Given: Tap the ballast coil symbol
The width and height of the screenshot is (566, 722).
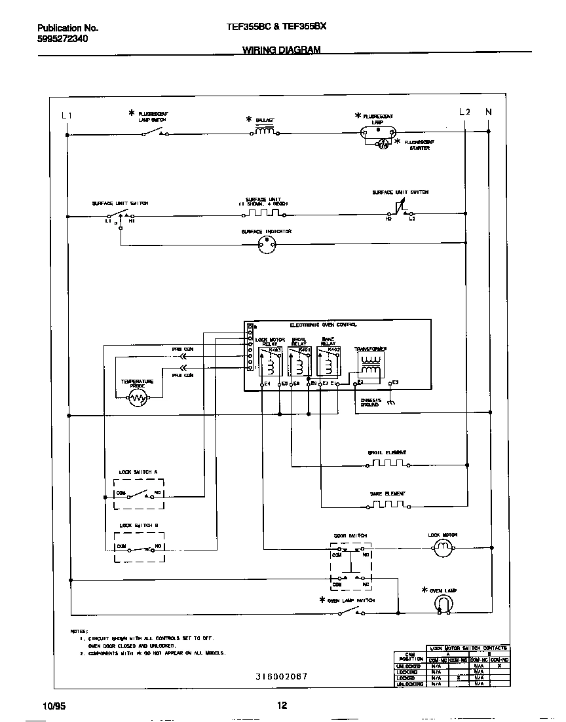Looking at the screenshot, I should [x=264, y=132].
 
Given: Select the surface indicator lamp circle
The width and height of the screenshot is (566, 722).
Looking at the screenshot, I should [x=266, y=245].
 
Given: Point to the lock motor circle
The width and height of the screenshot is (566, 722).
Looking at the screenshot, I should [x=443, y=551].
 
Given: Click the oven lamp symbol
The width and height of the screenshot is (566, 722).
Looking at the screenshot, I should [x=445, y=604].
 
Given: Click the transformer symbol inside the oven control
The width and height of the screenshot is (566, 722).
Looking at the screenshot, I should [x=371, y=367].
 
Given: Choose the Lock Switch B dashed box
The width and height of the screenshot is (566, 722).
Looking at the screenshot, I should [x=138, y=547].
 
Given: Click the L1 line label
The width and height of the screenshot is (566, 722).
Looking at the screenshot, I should [x=66, y=115].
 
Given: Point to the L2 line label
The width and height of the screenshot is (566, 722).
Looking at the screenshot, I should [x=464, y=112].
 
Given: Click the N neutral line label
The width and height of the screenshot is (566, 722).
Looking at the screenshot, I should [x=488, y=112].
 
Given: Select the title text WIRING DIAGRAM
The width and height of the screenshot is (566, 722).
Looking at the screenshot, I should [x=282, y=50].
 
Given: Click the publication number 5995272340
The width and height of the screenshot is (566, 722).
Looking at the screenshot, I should [x=63, y=39].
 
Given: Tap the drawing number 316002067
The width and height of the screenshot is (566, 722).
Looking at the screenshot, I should [x=281, y=677].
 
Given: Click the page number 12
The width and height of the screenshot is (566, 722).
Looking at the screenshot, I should [x=282, y=706].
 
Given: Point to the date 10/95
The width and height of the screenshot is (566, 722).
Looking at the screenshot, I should [x=54, y=706].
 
